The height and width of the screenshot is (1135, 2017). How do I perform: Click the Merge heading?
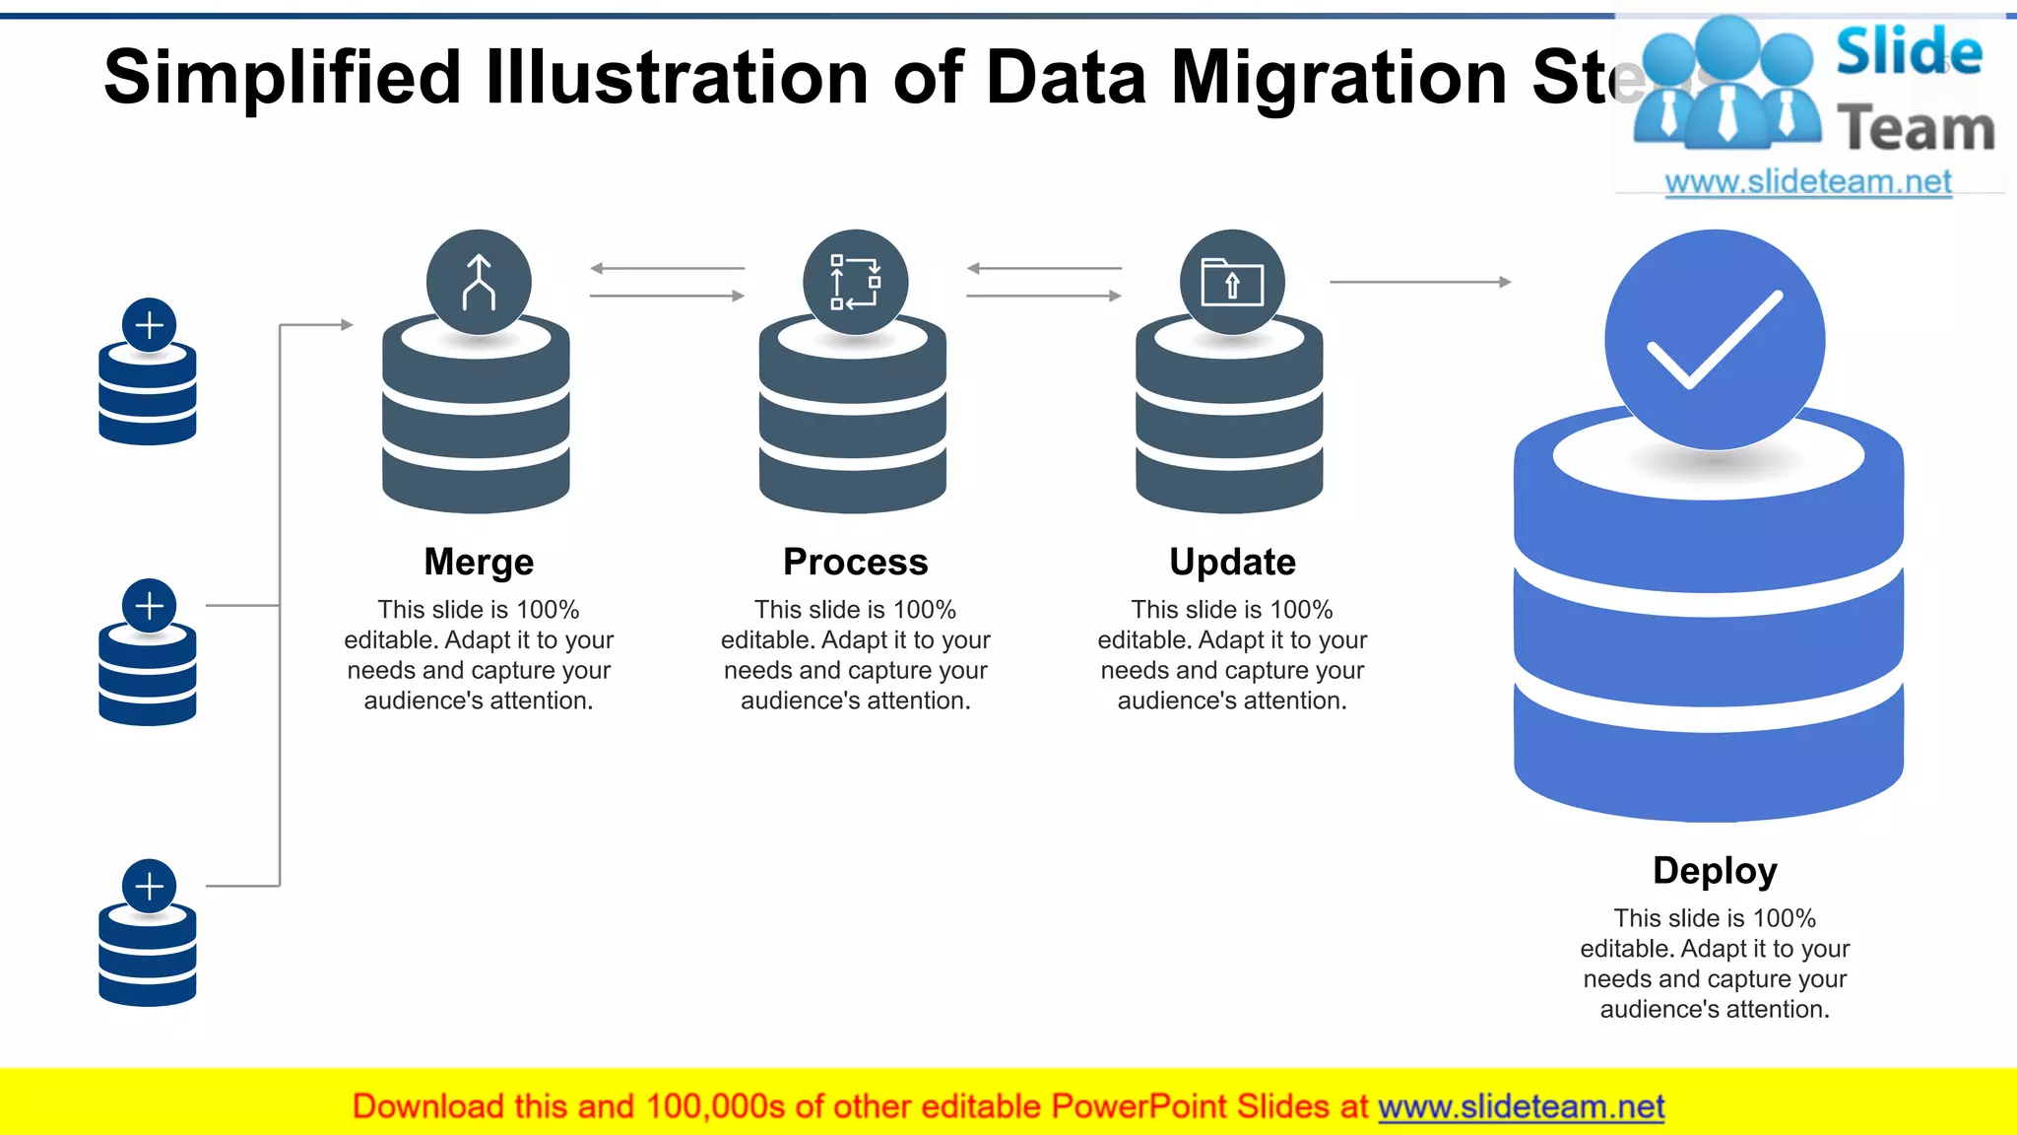point(479,562)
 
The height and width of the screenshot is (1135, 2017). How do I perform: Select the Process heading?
point(855,562)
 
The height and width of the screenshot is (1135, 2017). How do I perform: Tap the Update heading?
point(1232,562)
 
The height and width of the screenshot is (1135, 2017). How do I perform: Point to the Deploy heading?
point(1715,871)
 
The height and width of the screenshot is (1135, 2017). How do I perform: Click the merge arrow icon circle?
point(479,283)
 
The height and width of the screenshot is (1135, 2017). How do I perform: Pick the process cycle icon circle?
point(855,283)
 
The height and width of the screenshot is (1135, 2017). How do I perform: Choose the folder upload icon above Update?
point(1232,283)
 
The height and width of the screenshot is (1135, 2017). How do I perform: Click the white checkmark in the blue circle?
point(1715,339)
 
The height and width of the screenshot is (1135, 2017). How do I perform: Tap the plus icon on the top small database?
point(150,324)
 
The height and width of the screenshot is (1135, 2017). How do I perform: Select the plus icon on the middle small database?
point(150,605)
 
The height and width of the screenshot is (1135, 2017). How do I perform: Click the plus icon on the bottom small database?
point(150,886)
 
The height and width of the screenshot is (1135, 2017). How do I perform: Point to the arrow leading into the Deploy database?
point(1420,282)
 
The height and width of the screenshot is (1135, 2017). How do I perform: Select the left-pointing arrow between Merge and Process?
point(667,268)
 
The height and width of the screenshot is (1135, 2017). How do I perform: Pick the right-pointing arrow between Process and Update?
point(1044,296)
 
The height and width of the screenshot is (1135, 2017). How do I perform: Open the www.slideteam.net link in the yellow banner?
point(1521,1106)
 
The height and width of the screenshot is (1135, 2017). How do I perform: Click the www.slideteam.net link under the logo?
point(1808,182)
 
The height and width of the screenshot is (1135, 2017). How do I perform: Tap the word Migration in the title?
point(1338,77)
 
